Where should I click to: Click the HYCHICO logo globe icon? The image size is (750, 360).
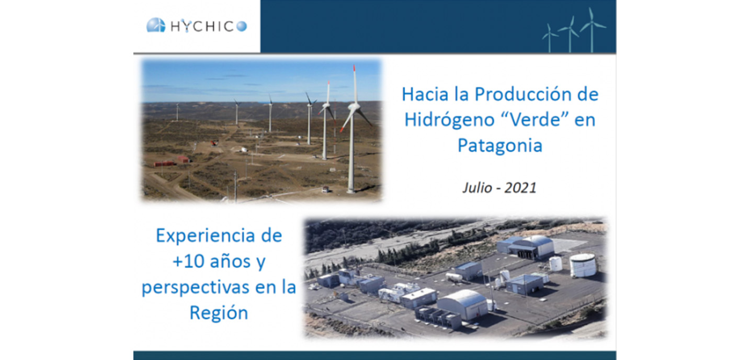coord(156,25)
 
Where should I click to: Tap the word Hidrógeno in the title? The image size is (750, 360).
coord(449,119)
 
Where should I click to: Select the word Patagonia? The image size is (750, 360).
coord(500,145)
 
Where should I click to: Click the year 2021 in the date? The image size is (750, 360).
coord(520,188)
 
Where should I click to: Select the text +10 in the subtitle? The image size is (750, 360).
coord(188,262)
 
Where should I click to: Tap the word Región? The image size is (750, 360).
coord(219,313)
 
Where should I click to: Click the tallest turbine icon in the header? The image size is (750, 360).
coord(592,30)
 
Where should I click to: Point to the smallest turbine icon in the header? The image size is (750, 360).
coord(550,38)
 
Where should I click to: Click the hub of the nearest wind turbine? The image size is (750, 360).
coord(354,107)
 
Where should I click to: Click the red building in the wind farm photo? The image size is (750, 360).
coord(165,164)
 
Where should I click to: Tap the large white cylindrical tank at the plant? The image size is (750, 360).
coord(583,265)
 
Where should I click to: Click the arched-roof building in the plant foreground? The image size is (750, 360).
coord(462,304)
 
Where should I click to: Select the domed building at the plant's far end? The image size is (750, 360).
coord(535,246)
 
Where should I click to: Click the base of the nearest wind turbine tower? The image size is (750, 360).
coord(350,191)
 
